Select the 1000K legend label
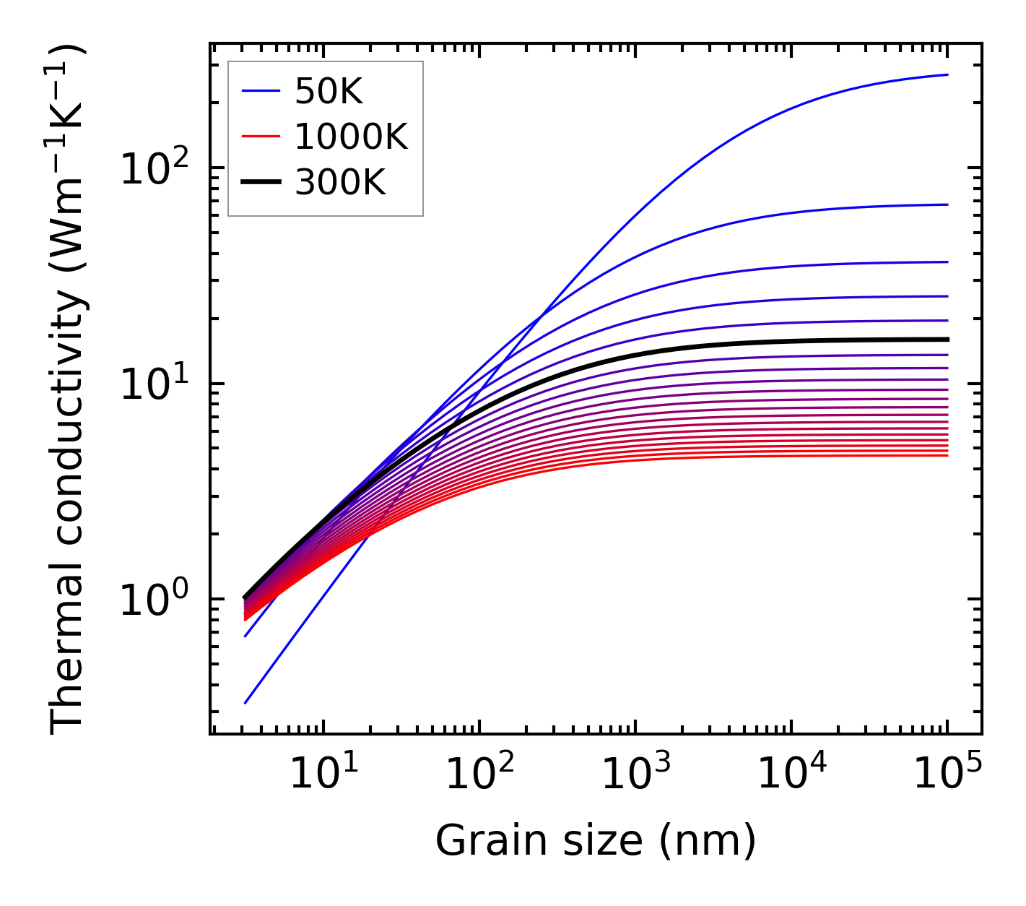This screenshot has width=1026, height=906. [x=352, y=137]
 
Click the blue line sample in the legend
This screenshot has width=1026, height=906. [x=260, y=91]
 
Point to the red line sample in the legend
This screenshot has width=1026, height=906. [x=260, y=137]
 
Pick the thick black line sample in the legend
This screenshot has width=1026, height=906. [x=260, y=183]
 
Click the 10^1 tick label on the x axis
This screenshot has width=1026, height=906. [x=323, y=775]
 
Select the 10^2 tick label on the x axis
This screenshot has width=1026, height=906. [x=479, y=775]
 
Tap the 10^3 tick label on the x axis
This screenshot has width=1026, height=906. [x=635, y=775]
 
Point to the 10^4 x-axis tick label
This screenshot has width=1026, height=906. [x=791, y=775]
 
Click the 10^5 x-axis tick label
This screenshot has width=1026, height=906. [x=947, y=775]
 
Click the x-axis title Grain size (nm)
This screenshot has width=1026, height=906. [x=596, y=841]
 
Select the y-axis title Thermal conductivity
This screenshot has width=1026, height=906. [x=69, y=389]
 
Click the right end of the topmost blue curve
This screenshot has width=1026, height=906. [x=947, y=74]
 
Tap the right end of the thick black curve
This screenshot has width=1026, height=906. [x=947, y=339]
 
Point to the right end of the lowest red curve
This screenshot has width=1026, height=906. [x=947, y=455]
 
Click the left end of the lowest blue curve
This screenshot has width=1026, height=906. [x=245, y=702]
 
